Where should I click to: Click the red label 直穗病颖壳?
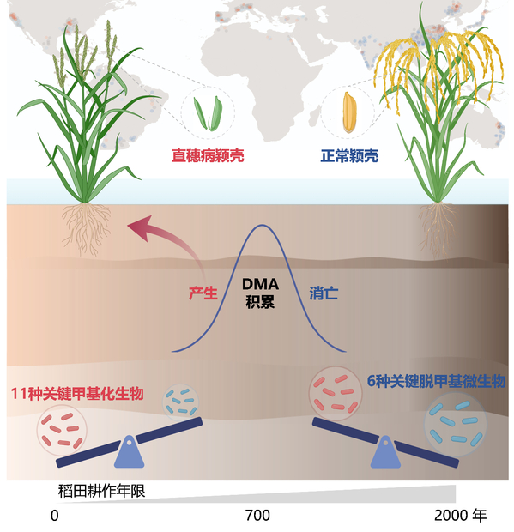[x=208, y=155]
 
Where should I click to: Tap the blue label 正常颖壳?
[x=349, y=155]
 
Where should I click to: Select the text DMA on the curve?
[x=260, y=284]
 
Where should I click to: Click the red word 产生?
[x=203, y=293]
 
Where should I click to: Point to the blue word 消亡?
[x=324, y=293]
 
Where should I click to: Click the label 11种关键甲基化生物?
[x=77, y=394]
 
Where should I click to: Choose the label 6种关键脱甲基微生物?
[x=436, y=381]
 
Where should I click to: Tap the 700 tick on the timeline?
[x=257, y=516]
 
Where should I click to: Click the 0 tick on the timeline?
[x=55, y=516]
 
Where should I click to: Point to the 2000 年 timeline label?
[x=461, y=516]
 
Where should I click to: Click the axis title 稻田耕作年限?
[x=102, y=491]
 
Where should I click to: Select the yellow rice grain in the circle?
[x=349, y=112]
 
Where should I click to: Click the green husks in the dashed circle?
[x=208, y=113]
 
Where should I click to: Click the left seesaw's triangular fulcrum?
[x=129, y=451]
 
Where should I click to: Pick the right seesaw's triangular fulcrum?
[x=385, y=452]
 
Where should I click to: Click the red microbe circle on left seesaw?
[x=62, y=430]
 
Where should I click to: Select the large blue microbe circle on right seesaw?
[x=456, y=424]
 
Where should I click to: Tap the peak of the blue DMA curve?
[x=262, y=225]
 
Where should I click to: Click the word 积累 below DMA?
[x=260, y=302]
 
